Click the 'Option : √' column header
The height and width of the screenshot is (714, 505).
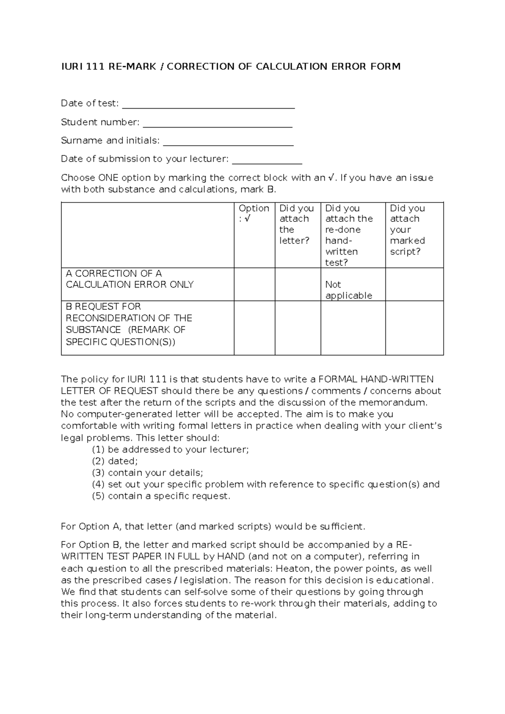[254, 213]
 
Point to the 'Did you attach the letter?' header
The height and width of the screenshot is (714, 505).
[297, 224]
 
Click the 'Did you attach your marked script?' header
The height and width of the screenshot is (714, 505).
[407, 230]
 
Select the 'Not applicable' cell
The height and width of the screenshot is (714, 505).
[348, 290]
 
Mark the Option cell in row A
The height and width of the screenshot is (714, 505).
[255, 284]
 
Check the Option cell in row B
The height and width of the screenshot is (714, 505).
[255, 328]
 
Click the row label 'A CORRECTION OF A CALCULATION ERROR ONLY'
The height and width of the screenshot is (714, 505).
[130, 279]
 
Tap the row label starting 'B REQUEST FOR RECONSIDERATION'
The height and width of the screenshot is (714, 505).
[129, 324]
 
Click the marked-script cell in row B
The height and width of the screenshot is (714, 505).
[414, 328]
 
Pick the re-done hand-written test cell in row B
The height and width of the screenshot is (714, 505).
[353, 328]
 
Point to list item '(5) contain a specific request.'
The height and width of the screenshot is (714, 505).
[161, 496]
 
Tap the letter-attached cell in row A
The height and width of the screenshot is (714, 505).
[298, 284]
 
